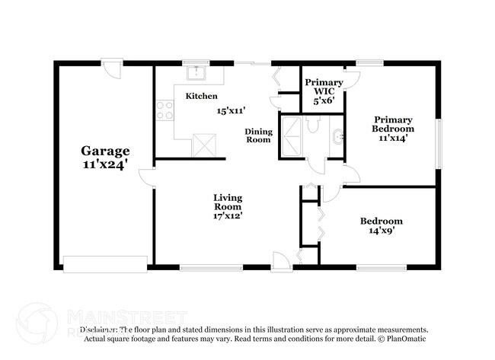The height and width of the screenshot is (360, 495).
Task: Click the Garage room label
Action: (106, 151)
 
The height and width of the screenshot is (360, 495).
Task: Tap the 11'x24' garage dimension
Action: (106, 163)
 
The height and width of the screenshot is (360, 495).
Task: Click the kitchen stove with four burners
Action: (164, 111)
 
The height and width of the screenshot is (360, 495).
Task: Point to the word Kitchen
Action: (202, 97)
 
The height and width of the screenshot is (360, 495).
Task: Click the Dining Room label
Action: (258, 135)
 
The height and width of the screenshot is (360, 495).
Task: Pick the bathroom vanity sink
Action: (337, 138)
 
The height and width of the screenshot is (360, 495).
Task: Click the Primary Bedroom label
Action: (392, 124)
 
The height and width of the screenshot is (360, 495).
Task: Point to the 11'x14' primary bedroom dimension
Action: (392, 138)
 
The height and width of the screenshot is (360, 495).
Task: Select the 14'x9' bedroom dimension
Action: (382, 231)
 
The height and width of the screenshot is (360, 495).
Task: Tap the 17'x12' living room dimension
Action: (228, 215)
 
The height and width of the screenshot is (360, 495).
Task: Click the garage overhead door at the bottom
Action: (104, 264)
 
